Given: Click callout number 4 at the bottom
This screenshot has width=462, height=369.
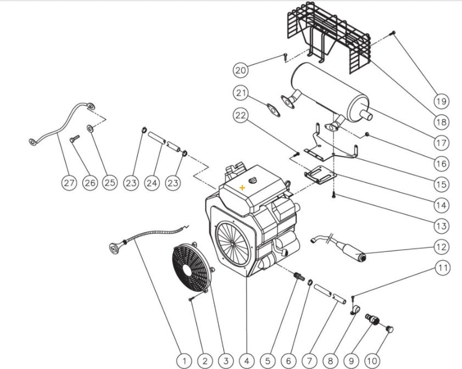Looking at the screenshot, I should pyautogui.click(x=246, y=361).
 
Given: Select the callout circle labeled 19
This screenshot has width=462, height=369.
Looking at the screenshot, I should pyautogui.click(x=442, y=101).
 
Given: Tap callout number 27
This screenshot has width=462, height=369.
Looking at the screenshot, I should pyautogui.click(x=69, y=183).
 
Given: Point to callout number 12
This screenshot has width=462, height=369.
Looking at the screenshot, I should pyautogui.click(x=442, y=247).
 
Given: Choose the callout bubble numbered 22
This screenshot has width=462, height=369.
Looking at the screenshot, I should pyautogui.click(x=240, y=115).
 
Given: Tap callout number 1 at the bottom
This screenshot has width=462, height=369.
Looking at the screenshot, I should pyautogui.click(x=185, y=361).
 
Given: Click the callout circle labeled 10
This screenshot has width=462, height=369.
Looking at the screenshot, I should pyautogui.click(x=372, y=361).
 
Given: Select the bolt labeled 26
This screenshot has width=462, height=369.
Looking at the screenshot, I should pyautogui.click(x=74, y=142).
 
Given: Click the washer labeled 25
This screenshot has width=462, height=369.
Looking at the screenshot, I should pyautogui.click(x=89, y=131).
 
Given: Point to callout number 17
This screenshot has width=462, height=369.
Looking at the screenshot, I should pyautogui.click(x=442, y=143).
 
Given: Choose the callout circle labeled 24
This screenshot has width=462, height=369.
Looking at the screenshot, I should pyautogui.click(x=152, y=183).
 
